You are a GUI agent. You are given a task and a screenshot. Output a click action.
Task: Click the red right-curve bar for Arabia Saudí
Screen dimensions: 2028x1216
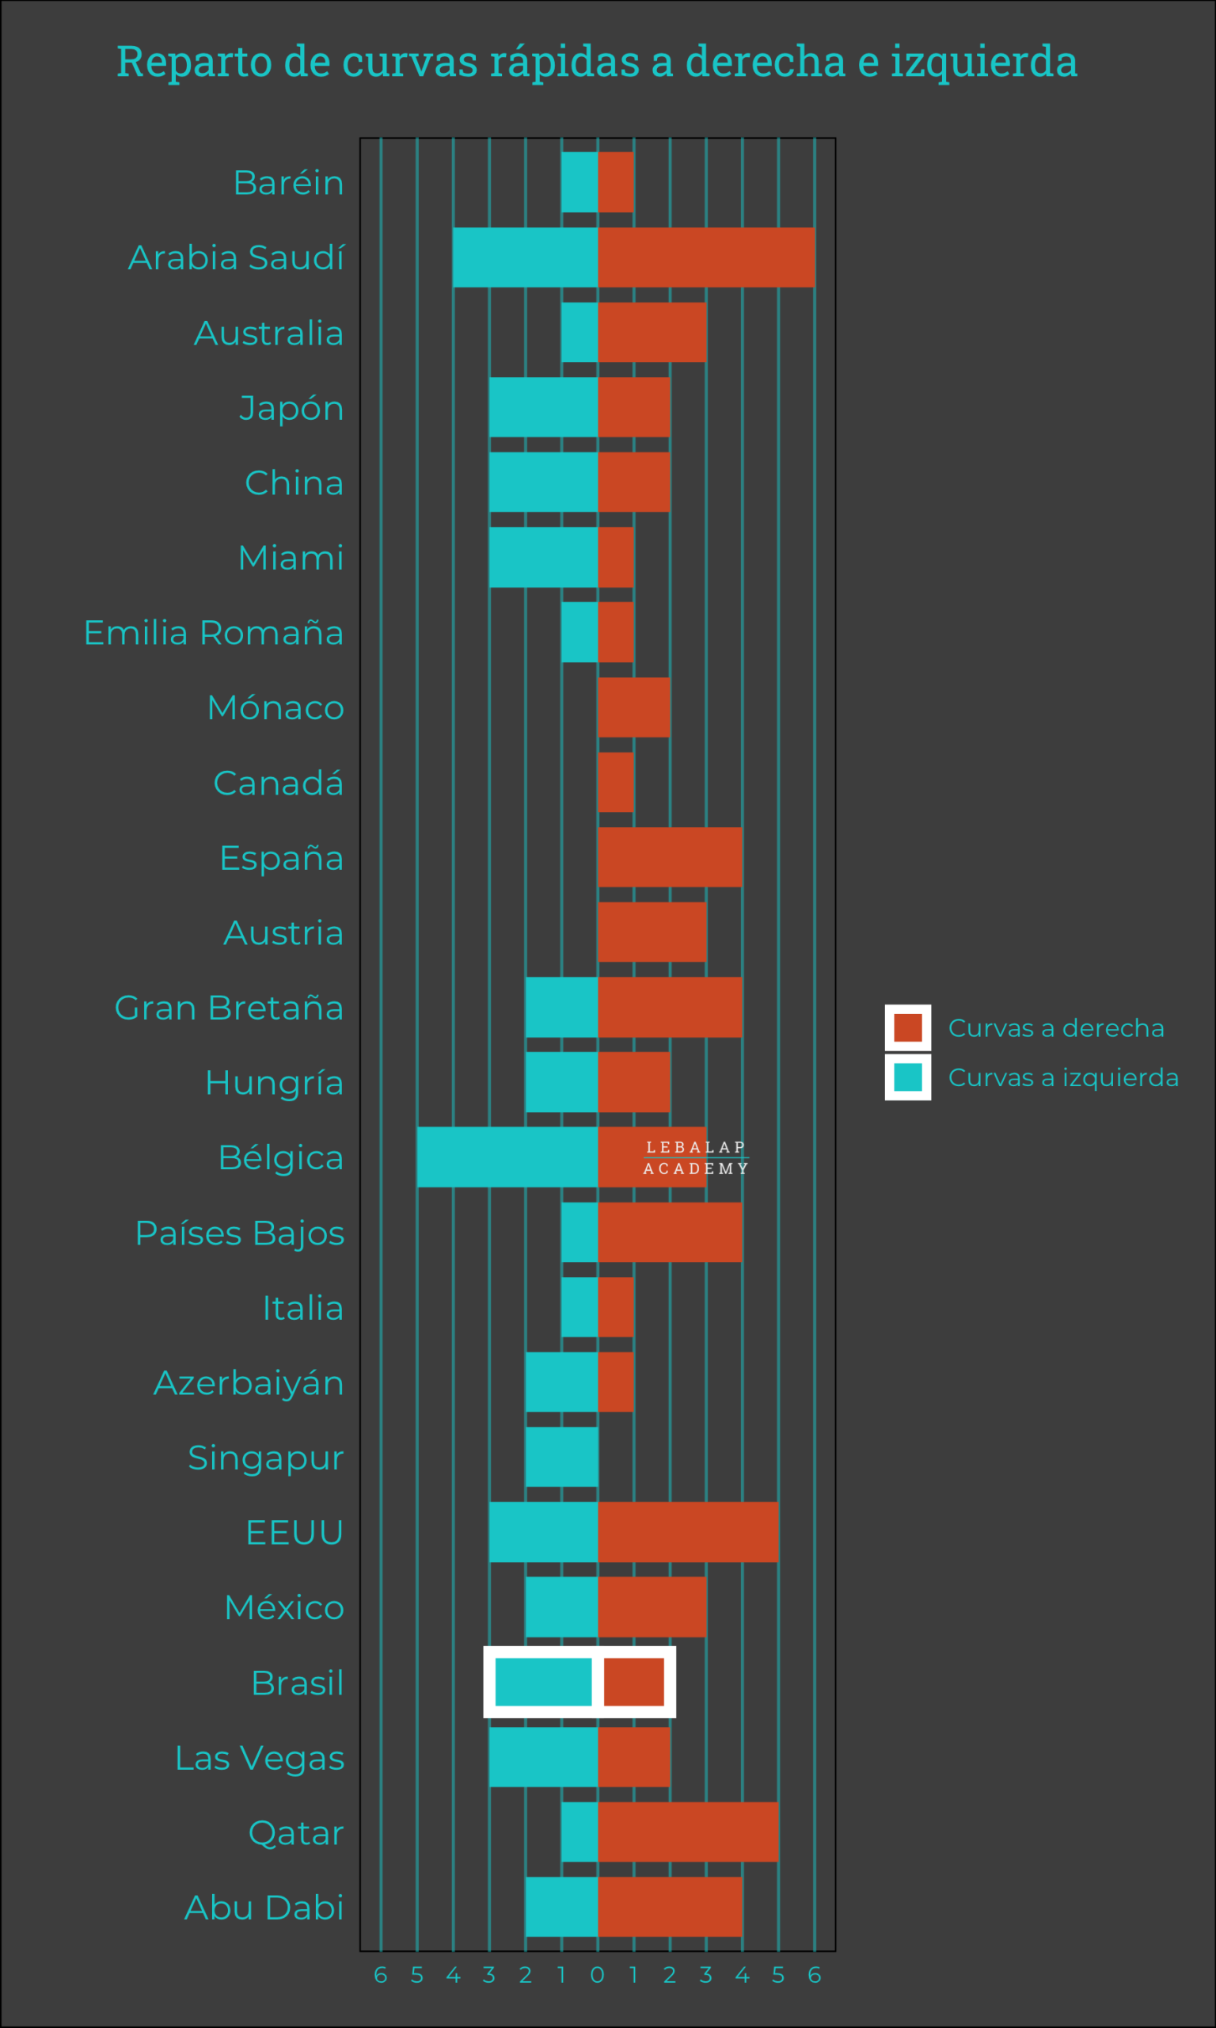point(705,257)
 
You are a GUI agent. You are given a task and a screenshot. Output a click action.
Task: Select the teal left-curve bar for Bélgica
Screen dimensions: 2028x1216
point(507,1157)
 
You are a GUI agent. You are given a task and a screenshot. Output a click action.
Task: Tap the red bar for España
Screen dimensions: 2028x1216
point(670,857)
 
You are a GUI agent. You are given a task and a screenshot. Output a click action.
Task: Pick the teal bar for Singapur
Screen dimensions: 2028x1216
point(561,1457)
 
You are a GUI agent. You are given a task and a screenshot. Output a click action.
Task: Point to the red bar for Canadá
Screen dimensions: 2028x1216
point(615,782)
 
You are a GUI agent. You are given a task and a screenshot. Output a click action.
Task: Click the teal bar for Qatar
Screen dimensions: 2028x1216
point(579,1832)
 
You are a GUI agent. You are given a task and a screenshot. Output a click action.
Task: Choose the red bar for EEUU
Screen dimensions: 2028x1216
point(687,1531)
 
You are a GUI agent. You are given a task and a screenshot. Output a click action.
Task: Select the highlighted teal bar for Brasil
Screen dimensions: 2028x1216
point(543,1681)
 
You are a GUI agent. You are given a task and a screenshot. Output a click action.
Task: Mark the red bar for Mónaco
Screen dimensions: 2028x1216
point(633,707)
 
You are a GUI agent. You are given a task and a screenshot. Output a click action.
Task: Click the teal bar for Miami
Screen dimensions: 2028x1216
point(543,558)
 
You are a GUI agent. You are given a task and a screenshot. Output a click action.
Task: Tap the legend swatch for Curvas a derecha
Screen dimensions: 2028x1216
point(908,1027)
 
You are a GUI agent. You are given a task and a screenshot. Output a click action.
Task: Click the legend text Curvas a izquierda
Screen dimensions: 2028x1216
point(1062,1077)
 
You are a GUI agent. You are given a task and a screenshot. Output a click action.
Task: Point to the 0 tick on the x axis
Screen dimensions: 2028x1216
point(598,1975)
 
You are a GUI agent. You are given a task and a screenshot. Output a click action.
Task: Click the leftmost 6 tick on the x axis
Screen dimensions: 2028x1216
point(380,1975)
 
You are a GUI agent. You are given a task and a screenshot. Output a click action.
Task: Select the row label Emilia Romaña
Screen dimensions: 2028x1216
point(213,633)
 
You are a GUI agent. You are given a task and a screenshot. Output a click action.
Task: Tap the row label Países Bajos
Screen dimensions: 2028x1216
point(239,1233)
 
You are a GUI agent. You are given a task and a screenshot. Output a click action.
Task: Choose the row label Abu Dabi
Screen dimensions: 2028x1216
point(264,1907)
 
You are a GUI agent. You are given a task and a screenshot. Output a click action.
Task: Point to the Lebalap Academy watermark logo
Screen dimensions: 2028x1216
point(696,1157)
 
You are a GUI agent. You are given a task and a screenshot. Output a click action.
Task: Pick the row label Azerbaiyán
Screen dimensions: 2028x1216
point(249,1383)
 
